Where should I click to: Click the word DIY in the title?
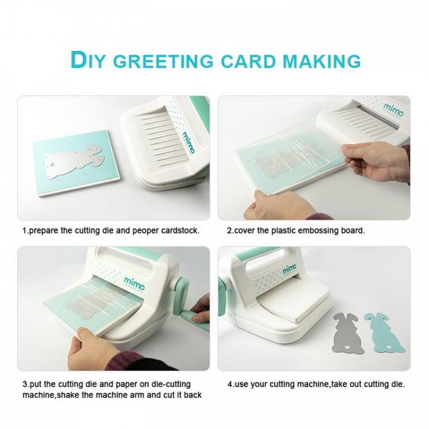tap(88, 60)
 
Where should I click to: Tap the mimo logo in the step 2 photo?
tap(393, 110)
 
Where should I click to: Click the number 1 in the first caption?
tap(25, 230)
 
